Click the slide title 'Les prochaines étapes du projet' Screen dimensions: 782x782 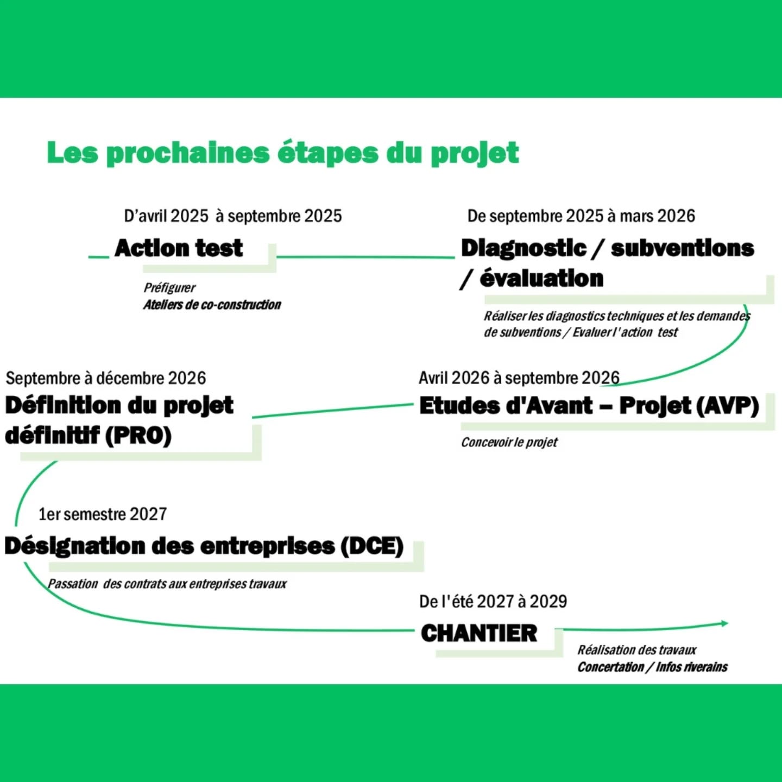coord(283,154)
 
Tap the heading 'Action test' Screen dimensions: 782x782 coord(179,248)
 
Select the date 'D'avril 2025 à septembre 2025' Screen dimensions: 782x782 coord(233,216)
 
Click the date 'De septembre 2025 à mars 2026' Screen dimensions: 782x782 coord(581,216)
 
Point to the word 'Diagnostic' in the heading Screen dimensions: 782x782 coord(524,248)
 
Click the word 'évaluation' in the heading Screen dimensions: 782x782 coord(542,279)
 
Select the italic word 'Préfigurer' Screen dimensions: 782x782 coord(169,288)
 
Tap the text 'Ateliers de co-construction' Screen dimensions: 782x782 coord(212,305)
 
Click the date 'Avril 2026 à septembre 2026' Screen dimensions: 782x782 coord(519,378)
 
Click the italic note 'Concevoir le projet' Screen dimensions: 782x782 coord(509,442)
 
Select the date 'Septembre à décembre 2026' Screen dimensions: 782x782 coord(106,378)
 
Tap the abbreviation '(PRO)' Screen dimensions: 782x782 coord(138,436)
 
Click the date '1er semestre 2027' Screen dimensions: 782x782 coord(103,514)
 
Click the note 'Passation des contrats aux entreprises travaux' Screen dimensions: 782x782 coord(167,584)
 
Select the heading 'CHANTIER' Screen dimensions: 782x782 coord(479,633)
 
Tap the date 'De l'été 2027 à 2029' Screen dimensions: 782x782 coord(493,601)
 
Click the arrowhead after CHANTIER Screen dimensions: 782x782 coord(725,623)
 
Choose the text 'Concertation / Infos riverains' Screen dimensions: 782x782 coord(653,667)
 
